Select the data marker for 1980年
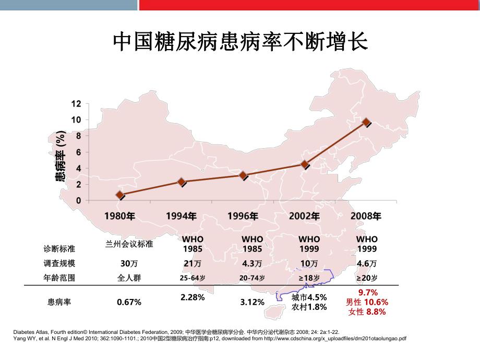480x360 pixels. click(x=121, y=195)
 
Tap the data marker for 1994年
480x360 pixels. click(x=182, y=182)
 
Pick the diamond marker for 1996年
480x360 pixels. click(x=243, y=175)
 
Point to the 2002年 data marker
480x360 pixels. click(x=305, y=164)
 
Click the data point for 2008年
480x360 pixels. click(x=366, y=122)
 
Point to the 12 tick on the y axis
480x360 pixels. click(x=76, y=103)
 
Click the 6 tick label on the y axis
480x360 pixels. click(x=78, y=152)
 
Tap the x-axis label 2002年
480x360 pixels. click(x=305, y=215)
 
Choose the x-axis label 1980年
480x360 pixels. click(x=121, y=215)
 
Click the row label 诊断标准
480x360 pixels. click(x=59, y=248)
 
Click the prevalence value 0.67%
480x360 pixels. click(x=129, y=302)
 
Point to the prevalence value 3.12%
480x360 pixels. click(x=253, y=302)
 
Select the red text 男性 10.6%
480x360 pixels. click(x=367, y=302)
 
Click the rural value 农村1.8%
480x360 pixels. click(x=309, y=307)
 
